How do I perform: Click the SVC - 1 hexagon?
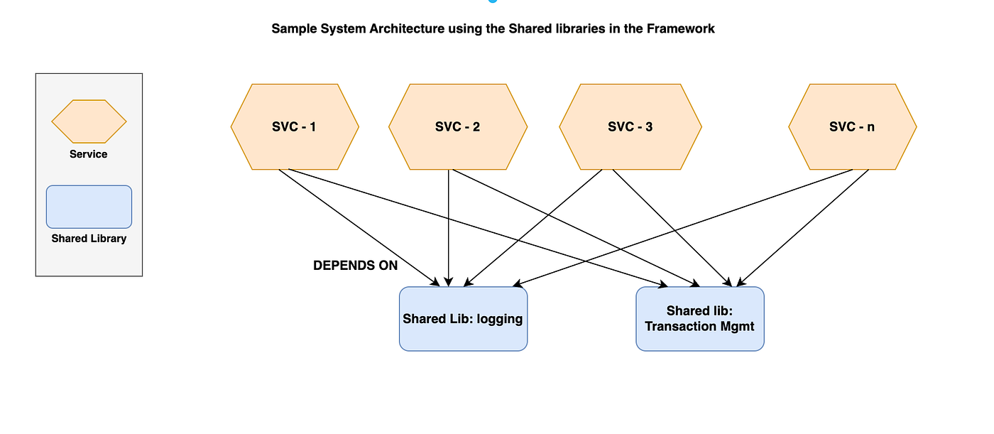(x=295, y=127)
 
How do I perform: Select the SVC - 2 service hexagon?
(x=457, y=127)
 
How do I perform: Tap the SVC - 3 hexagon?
(x=630, y=127)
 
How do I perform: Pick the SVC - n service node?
(x=852, y=127)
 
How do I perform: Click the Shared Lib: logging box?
(x=463, y=319)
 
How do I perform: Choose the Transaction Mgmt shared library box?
(x=699, y=319)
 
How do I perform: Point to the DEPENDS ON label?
(x=355, y=266)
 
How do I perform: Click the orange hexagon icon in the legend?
(x=89, y=121)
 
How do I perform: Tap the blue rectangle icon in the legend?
(x=89, y=207)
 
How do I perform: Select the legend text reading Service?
(x=89, y=154)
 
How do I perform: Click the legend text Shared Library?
(x=89, y=239)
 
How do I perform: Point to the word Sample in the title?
(x=292, y=29)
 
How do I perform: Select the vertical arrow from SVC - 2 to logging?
(x=449, y=227)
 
